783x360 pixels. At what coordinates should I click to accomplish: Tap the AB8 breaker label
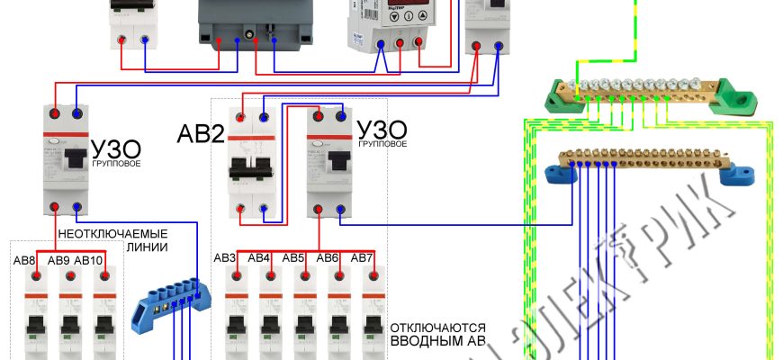(24, 261)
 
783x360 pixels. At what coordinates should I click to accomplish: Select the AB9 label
(58, 261)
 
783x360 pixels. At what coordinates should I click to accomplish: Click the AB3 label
(226, 258)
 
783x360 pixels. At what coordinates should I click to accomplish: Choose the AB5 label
(293, 258)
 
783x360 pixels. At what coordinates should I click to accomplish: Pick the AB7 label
(362, 258)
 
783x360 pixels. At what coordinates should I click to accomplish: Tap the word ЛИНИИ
(147, 247)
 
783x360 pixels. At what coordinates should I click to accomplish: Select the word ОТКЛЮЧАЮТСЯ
(438, 328)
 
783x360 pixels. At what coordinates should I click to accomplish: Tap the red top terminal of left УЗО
(56, 113)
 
